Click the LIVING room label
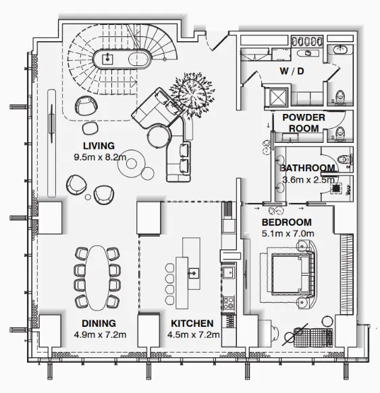[x=99, y=146]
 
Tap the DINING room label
[x=99, y=324]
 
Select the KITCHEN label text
[x=192, y=324]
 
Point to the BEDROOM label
[x=287, y=222]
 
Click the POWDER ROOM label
[x=304, y=123]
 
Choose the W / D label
[x=292, y=71]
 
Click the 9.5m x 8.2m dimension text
[x=100, y=157]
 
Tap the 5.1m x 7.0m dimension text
[x=288, y=234]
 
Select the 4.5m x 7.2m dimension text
[x=194, y=334]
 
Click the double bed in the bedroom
[x=292, y=274]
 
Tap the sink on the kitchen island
[x=194, y=273]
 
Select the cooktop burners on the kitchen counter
[x=229, y=303]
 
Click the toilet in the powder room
[x=340, y=131]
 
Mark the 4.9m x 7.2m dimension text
[x=100, y=334]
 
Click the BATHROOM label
[x=307, y=168]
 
